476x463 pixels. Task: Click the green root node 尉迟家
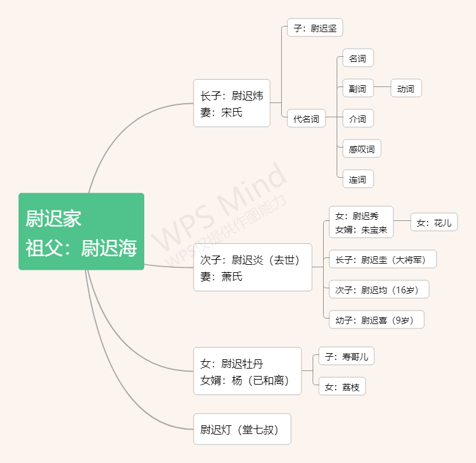click(81, 231)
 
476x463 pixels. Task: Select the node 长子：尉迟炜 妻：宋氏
click(232, 103)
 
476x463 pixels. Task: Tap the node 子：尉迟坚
click(314, 28)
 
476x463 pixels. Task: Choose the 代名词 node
click(306, 119)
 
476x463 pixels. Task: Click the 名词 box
click(358, 59)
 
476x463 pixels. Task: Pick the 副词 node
click(358, 88)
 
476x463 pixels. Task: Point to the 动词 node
click(406, 88)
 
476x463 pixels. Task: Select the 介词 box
click(358, 119)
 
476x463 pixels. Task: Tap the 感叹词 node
click(361, 149)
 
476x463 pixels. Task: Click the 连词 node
click(358, 179)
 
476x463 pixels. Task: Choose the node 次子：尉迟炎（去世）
click(252, 267)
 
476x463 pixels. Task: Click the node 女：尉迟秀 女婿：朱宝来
click(361, 222)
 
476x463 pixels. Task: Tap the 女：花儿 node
click(434, 222)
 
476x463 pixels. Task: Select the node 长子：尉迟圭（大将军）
click(382, 259)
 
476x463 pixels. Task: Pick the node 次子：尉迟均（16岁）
click(379, 290)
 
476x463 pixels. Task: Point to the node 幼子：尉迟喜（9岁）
click(376, 320)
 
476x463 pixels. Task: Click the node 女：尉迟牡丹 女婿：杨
click(247, 371)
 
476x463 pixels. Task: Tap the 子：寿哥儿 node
click(347, 356)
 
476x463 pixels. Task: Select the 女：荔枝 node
click(342, 386)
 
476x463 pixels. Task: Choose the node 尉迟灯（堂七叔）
click(242, 429)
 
